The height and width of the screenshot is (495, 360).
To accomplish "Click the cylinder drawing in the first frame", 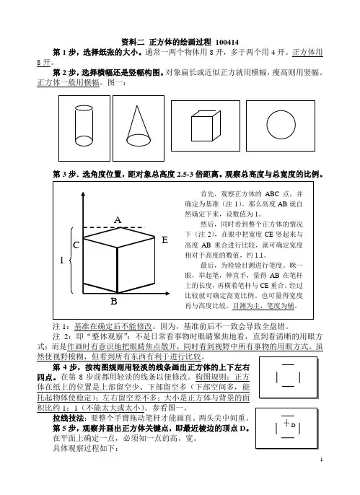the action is point(76,126).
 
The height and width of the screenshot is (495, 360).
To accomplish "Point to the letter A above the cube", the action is point(118,220).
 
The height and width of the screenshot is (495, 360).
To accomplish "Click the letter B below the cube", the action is point(114,302).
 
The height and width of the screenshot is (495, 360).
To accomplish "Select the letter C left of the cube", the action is point(76,245).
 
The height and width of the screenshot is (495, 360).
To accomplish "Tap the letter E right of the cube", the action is point(164,240).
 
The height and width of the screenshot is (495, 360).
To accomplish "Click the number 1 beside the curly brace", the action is point(62,260).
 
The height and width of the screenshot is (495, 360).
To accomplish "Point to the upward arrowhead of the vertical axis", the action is point(83,193).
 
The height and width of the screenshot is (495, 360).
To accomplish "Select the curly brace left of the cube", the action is point(71,260).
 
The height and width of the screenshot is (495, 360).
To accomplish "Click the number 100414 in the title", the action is point(227,43).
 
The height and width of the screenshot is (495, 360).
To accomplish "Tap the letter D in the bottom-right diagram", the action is point(293,425).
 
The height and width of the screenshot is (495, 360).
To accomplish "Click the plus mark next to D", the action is point(286,422).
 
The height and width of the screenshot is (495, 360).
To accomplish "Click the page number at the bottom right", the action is point(322,460).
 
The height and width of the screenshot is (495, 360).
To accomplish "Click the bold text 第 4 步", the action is point(64,367).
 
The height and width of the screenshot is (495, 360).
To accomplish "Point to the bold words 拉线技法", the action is point(68,419).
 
